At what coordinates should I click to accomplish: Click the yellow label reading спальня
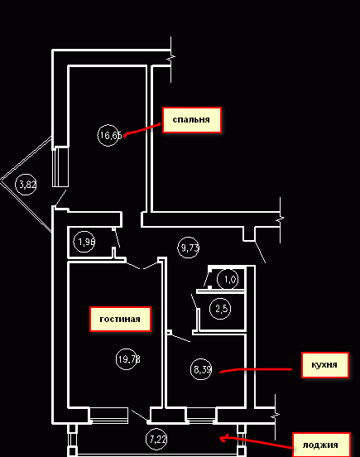192,120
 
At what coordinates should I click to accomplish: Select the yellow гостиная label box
120,319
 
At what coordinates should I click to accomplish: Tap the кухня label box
324,365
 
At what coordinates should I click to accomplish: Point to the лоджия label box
321,445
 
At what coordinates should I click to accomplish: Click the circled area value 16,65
109,135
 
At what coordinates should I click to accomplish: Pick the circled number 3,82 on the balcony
26,184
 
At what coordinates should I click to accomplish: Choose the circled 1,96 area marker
84,242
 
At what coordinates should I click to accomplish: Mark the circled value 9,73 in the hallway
189,248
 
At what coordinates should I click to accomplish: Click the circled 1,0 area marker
228,280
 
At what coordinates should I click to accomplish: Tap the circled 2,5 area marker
220,308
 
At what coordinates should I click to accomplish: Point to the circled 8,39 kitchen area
201,369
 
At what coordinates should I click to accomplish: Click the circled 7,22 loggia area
156,440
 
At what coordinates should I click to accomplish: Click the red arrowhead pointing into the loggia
224,438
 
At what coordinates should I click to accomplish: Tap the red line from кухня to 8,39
256,369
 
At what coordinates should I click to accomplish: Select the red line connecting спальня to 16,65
142,129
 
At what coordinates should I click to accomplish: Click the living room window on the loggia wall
108,415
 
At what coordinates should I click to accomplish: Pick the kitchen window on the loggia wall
201,415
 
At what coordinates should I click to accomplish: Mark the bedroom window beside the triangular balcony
60,166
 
